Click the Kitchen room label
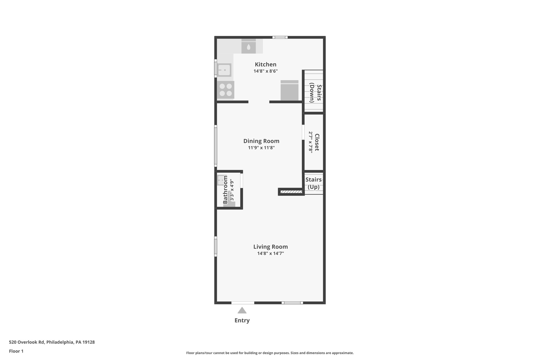(x=266, y=64)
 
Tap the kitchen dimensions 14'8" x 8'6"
(x=266, y=71)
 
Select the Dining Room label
(x=261, y=141)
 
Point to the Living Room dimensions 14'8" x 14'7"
(x=271, y=254)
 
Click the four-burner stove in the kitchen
(x=226, y=90)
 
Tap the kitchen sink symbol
(x=224, y=70)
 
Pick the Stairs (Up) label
(x=314, y=183)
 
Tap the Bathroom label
(x=225, y=190)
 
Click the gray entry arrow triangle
(x=242, y=310)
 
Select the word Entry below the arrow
(x=242, y=320)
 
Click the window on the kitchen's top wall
(x=280, y=37)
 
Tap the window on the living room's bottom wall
(x=292, y=303)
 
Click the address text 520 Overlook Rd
(x=26, y=342)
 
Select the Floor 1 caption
(x=16, y=351)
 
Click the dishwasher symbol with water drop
(x=249, y=47)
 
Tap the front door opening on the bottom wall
(x=243, y=303)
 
